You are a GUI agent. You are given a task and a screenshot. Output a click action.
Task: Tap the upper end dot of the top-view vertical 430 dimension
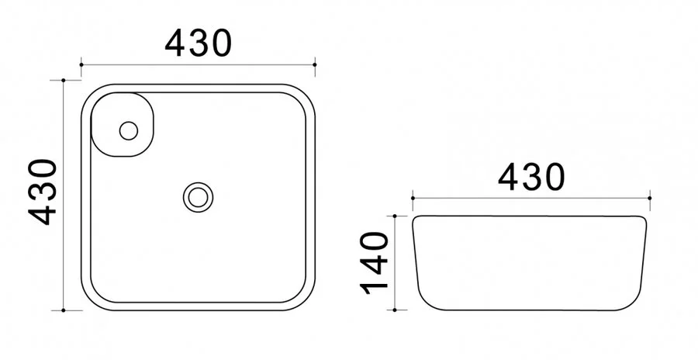point(63,80)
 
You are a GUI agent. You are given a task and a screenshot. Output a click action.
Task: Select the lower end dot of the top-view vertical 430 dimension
point(63,310)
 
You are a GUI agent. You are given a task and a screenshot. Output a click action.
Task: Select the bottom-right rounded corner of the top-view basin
point(304,299)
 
